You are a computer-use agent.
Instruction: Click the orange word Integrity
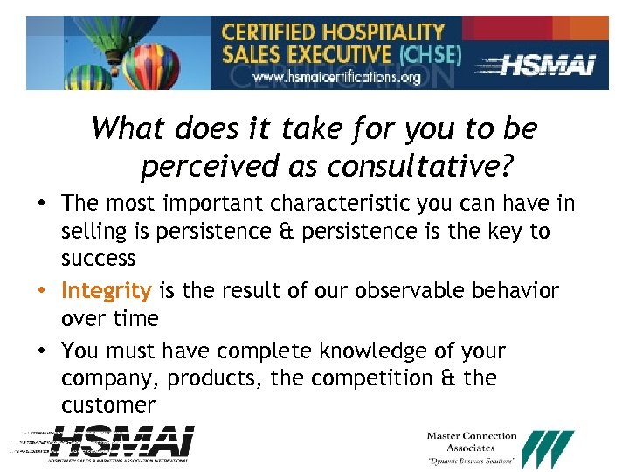[107, 290]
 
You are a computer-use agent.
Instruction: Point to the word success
[99, 259]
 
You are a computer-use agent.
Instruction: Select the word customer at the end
[108, 406]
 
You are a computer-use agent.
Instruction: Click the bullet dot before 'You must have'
[42, 351]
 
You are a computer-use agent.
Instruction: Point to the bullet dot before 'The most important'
[42, 204]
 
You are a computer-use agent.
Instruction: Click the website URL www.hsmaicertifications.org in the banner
[336, 77]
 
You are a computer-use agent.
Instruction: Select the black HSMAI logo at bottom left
[122, 442]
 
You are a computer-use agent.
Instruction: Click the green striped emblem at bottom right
[549, 448]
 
